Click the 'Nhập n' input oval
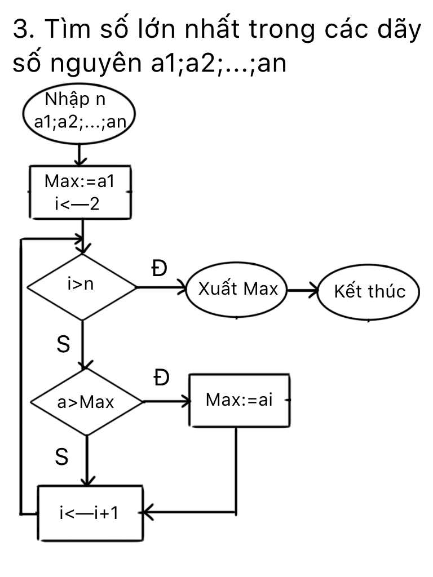coord(79,113)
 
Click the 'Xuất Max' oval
coord(237,290)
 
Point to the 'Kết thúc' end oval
coord(369,292)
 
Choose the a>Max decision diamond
coord(86,402)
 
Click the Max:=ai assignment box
coord(239,401)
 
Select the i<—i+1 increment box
coord(90,512)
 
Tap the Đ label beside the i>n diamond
coord(160,269)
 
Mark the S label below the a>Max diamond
coord(62,458)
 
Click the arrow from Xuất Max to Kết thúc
coord(303,291)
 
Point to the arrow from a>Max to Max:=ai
coord(166,402)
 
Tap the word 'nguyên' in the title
coord(90,65)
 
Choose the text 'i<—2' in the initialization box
coord(77,203)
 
